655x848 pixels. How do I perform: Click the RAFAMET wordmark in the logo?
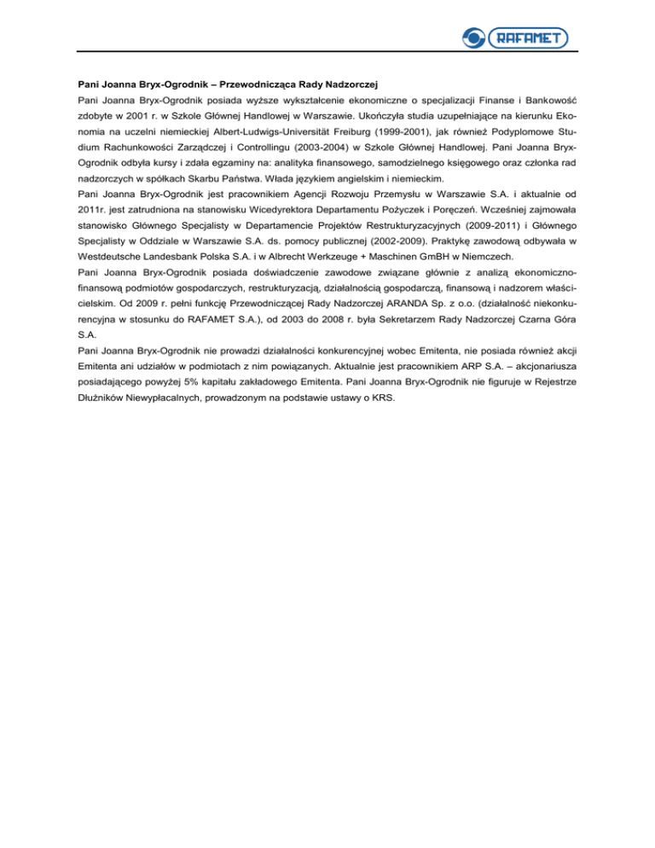529,37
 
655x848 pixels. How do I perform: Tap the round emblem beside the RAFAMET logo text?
472,37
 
